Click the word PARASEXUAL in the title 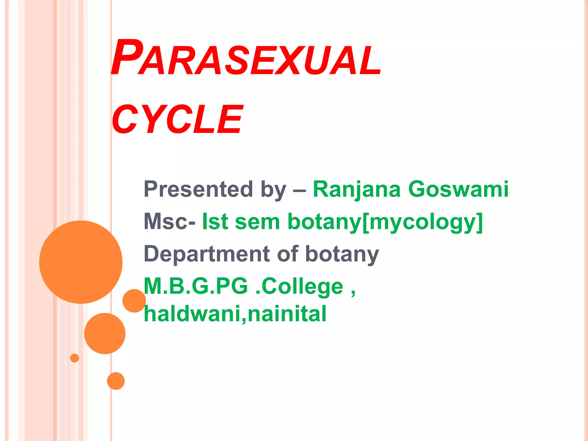coord(246,59)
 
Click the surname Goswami coord(458,189)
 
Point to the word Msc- coord(169,222)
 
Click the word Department coord(207,254)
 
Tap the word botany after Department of coord(342,254)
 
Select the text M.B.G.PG coord(195,286)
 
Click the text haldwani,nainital coord(235,314)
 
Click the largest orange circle coord(81,262)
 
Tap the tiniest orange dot coord(74,358)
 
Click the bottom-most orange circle coord(116,381)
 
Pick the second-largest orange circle coord(105,333)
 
